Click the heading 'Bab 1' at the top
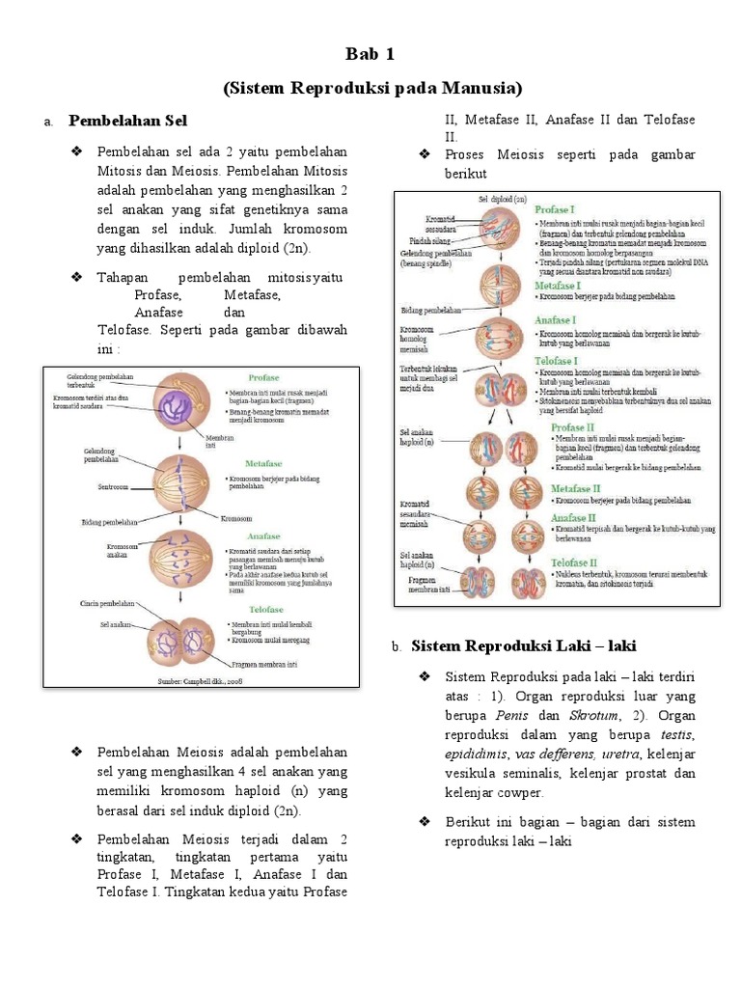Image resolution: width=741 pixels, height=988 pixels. coord(370,53)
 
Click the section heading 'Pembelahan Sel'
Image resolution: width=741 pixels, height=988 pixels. coord(127,121)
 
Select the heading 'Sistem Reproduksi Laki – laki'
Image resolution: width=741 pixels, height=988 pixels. coord(524,645)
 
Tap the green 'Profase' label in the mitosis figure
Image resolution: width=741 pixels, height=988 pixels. coord(263,378)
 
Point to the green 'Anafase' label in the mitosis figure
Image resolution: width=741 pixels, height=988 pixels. coord(263,535)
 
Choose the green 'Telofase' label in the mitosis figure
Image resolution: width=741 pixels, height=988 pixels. coord(264,610)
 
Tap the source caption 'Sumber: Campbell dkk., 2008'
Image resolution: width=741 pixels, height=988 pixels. coord(201,680)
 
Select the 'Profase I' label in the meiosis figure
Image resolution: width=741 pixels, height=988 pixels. coord(557,208)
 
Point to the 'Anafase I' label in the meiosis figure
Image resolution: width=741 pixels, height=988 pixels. coord(556,320)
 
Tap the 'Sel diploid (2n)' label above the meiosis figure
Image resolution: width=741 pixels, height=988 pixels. coord(502,198)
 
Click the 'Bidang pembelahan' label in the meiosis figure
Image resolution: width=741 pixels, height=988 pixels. coord(431,311)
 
